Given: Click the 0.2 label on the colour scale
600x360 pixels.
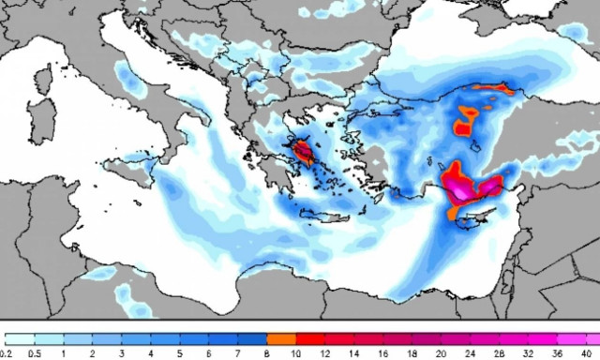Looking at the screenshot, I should click(x=7, y=353).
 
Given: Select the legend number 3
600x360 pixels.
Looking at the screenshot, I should click(x=120, y=353).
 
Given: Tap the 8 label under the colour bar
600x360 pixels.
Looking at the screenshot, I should click(x=267, y=353).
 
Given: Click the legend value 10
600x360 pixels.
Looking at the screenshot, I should click(x=296, y=353).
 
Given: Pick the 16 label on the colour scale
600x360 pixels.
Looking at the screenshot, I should click(x=383, y=353).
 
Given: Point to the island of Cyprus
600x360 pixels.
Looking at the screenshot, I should click(x=478, y=217).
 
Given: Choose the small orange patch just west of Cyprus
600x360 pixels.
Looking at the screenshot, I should click(x=454, y=214).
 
